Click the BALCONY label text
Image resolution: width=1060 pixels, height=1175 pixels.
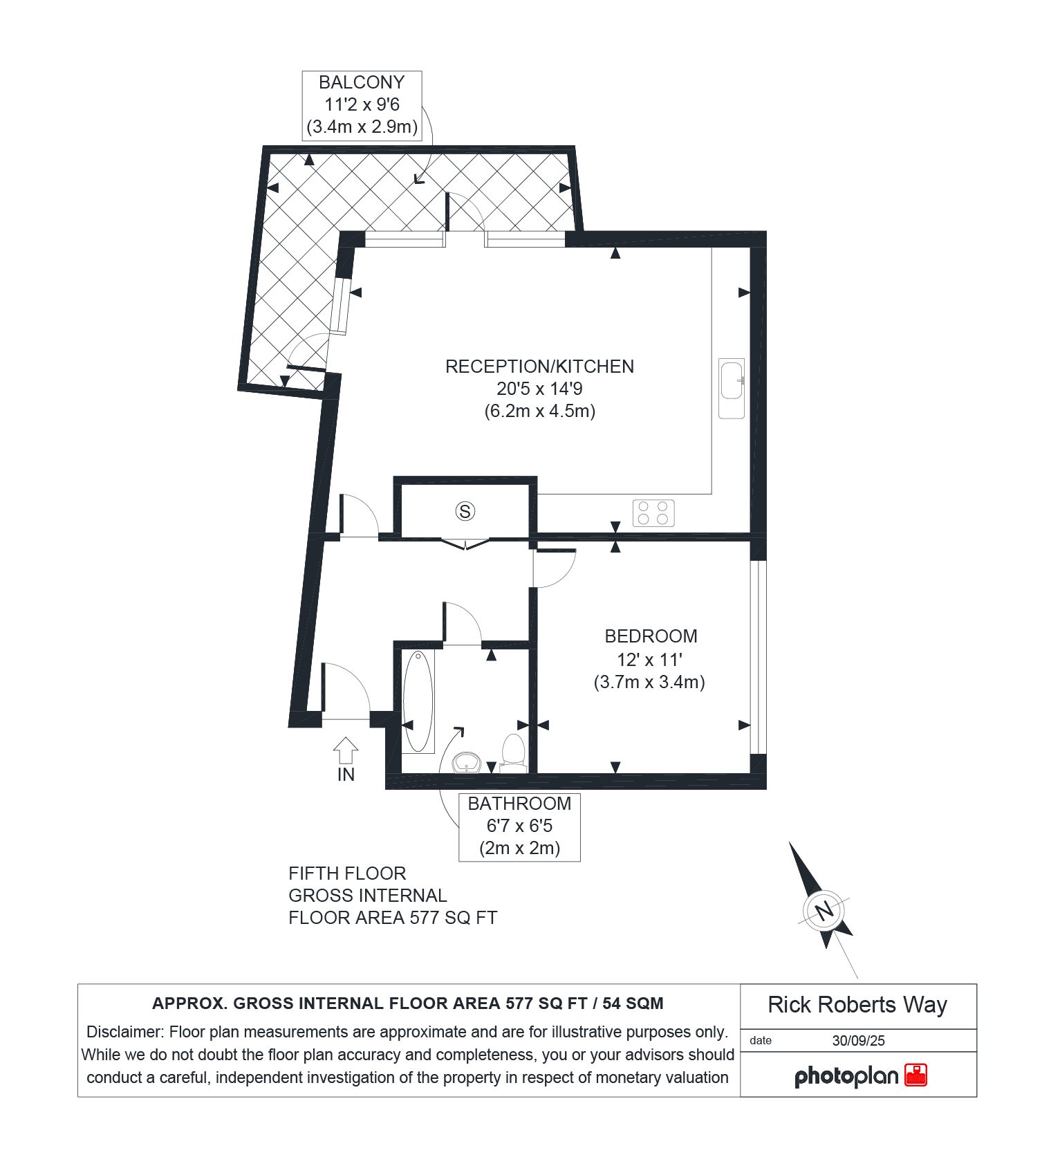coord(362,82)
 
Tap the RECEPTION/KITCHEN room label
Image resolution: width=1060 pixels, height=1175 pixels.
coord(539,367)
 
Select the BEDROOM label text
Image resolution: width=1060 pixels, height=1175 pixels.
coord(651,636)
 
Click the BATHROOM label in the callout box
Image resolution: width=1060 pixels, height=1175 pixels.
coord(519,804)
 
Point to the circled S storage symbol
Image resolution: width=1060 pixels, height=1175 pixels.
coord(465,511)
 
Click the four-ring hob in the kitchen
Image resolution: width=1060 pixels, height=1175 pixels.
coord(653,513)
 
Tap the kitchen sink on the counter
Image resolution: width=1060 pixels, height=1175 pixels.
coord(732,388)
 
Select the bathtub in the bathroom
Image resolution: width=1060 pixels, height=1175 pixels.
coord(418,701)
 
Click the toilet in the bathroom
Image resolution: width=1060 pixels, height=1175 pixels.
coord(514,753)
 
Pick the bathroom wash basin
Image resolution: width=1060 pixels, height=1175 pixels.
coord(467,763)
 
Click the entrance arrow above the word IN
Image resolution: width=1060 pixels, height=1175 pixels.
coord(346,750)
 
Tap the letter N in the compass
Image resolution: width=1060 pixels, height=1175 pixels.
coord(824,911)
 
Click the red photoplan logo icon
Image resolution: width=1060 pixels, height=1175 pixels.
coord(916,1075)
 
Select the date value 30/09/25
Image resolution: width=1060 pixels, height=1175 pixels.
coord(859,1041)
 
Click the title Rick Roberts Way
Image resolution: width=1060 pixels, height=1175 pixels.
coord(857,1005)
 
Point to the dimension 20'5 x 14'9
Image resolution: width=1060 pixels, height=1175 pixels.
coord(539,389)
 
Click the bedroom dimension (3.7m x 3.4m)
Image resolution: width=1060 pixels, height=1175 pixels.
coord(649,682)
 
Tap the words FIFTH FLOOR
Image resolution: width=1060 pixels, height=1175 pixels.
coord(347,873)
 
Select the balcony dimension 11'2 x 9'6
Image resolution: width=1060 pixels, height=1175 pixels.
coord(362,104)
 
